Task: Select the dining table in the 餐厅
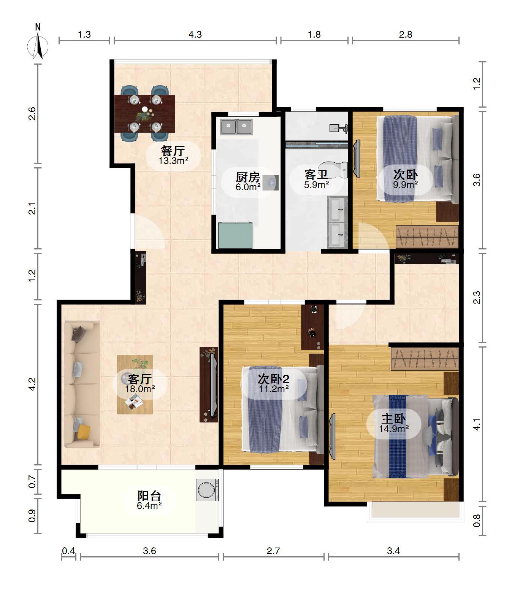coord(144,113)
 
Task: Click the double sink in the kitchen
coord(236,127)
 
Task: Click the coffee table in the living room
coord(135,384)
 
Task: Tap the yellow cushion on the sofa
coord(84,432)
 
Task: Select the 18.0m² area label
coord(140,389)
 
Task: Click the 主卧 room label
coord(394,419)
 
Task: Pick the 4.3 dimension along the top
coord(195,35)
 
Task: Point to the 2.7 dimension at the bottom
coord(273,551)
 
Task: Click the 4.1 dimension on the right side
coord(477,424)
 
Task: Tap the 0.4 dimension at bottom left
coord(68,551)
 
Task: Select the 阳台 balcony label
coord(149,496)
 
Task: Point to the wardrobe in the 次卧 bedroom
coord(427,237)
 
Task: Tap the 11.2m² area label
coord(274,389)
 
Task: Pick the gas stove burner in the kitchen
coord(271,183)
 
